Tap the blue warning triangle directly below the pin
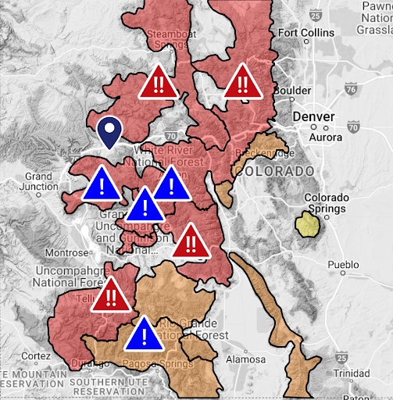click(x=100, y=184)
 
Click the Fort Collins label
click(x=305, y=33)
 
